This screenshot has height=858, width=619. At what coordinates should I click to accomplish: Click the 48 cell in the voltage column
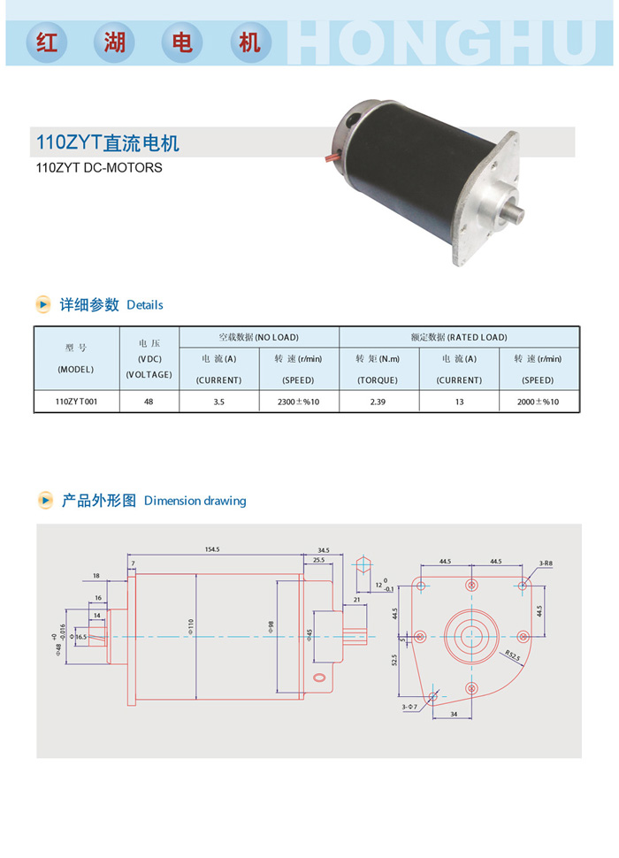(149, 402)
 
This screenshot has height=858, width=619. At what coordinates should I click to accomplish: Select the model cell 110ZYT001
(76, 402)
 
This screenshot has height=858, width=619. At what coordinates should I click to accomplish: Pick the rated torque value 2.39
(378, 402)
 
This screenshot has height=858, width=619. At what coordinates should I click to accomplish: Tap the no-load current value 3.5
(218, 402)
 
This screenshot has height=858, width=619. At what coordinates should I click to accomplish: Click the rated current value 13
(459, 402)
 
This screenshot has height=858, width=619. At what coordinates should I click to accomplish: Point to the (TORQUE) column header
(378, 379)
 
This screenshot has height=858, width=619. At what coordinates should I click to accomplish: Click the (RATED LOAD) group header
(478, 337)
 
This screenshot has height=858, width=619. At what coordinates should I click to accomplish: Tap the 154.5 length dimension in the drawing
(212, 549)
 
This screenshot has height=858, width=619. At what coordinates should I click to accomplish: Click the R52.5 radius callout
(512, 655)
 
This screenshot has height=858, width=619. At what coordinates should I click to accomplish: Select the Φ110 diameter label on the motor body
(191, 626)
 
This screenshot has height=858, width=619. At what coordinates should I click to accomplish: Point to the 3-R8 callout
(546, 563)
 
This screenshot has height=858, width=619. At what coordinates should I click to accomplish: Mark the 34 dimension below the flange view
(454, 714)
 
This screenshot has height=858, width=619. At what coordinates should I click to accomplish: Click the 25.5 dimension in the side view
(319, 560)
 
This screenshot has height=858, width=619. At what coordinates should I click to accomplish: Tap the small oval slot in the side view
(319, 678)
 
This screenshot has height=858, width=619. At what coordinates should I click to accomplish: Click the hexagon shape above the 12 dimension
(363, 564)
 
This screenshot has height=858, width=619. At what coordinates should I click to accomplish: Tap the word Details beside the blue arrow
(145, 305)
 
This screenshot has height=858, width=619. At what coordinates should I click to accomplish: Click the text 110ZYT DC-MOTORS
(99, 167)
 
